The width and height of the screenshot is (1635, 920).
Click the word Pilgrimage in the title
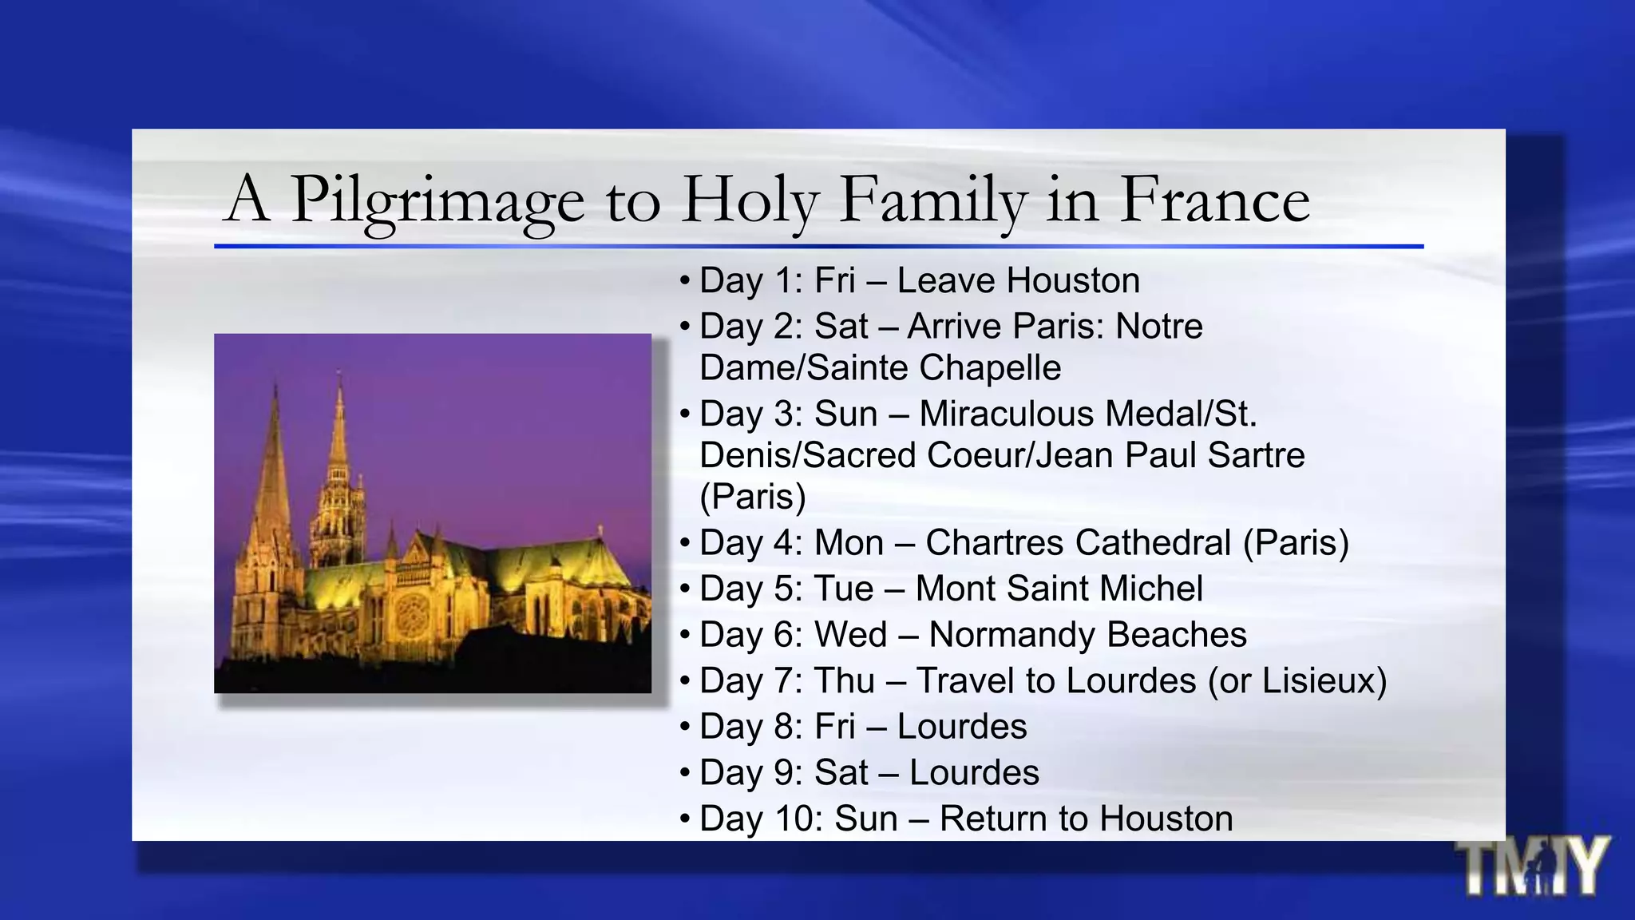coord(437,200)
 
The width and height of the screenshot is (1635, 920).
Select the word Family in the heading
coord(932,200)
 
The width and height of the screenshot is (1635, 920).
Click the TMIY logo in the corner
coord(1532,866)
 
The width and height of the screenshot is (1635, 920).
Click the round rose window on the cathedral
coord(411,615)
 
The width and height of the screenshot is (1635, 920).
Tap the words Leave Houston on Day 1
coord(1018,280)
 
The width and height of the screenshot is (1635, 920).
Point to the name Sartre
coord(1256,455)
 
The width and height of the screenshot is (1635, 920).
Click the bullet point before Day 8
coord(684,728)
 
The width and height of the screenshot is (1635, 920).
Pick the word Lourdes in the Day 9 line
coord(974,773)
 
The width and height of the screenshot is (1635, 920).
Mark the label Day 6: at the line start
coord(751,635)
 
